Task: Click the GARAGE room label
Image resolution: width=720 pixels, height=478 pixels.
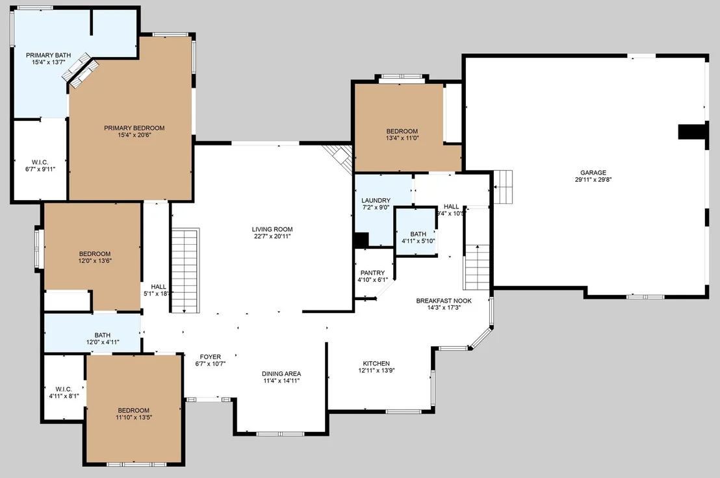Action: (593, 173)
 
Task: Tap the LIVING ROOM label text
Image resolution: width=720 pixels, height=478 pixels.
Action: (272, 229)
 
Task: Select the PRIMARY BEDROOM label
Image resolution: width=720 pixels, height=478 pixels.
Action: (134, 128)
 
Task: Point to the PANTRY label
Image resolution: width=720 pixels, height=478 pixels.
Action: (372, 273)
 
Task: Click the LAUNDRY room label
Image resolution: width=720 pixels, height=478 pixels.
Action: (376, 201)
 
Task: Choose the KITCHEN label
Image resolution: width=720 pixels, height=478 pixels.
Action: (376, 363)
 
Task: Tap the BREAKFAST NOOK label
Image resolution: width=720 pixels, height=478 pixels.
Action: (444, 301)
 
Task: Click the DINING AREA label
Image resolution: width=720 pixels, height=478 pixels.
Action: (281, 374)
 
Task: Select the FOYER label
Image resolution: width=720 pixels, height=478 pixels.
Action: (211, 357)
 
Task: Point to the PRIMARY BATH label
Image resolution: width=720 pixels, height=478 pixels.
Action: (48, 55)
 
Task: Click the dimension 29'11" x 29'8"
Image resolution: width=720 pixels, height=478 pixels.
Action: (593, 180)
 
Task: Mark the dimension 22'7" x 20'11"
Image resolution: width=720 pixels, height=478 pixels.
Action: (272, 236)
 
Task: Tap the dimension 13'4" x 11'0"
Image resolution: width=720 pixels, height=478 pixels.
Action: (402, 138)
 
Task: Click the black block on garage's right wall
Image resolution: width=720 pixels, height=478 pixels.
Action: (692, 131)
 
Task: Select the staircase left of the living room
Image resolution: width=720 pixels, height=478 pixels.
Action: (185, 270)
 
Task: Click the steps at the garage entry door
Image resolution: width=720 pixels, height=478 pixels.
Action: (503, 186)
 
